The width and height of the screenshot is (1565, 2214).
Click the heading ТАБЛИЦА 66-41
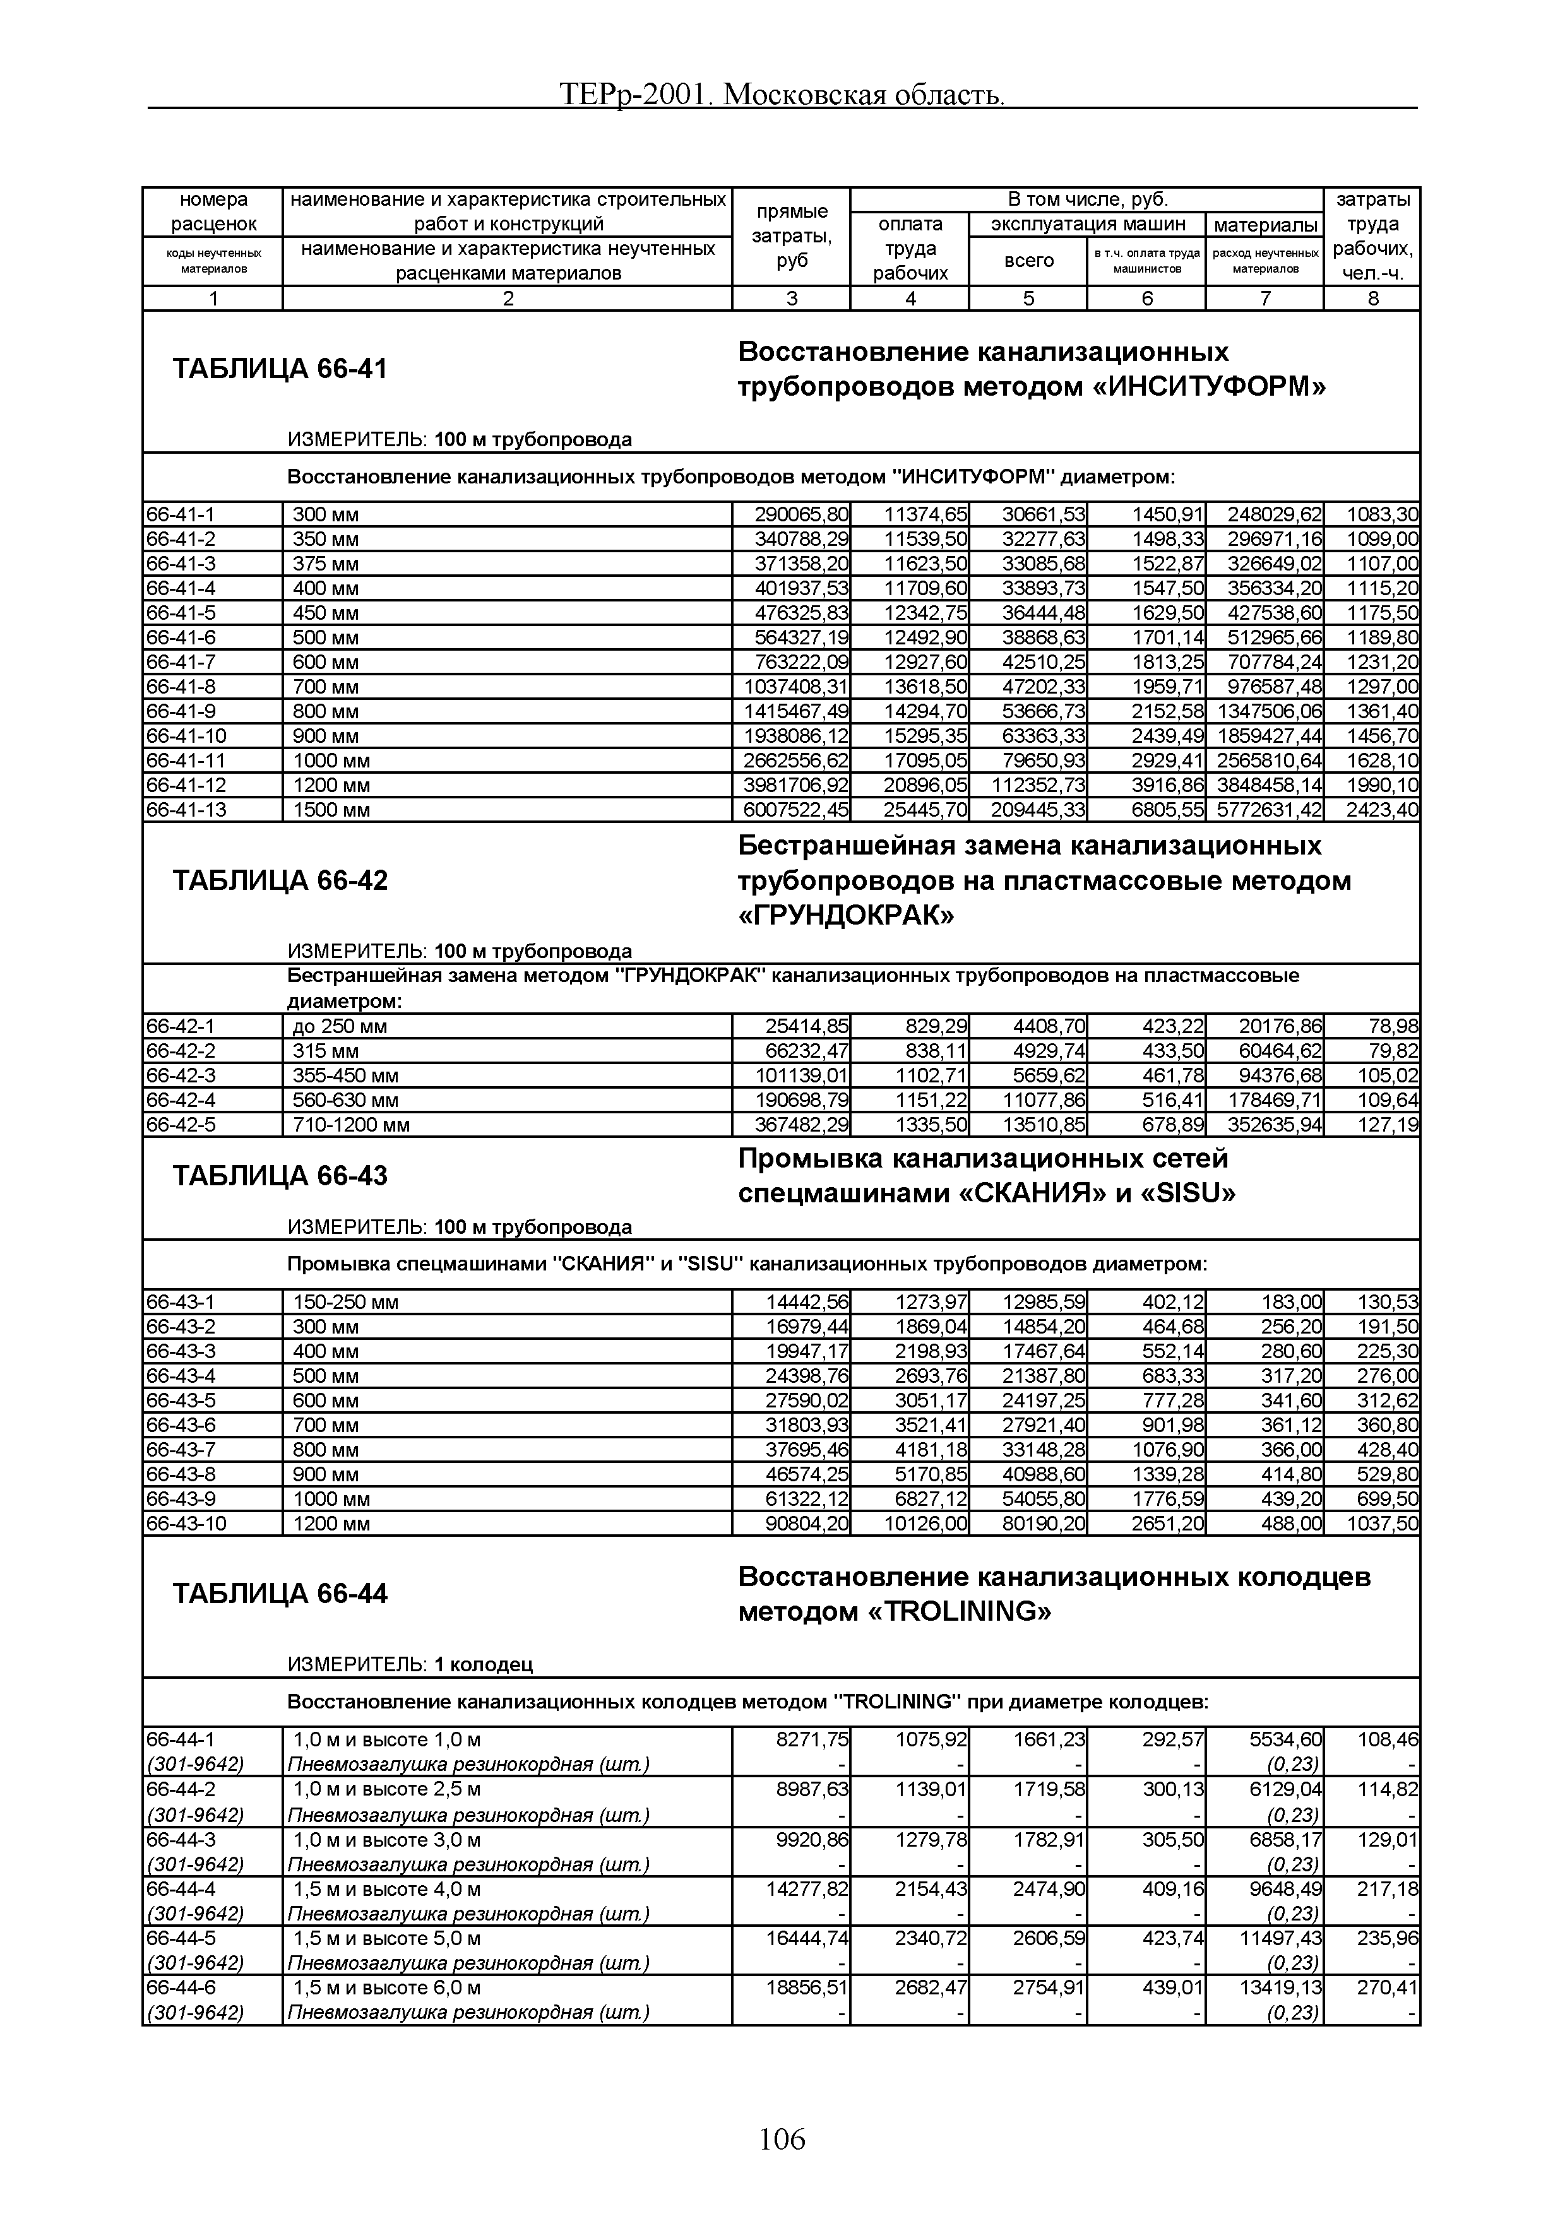pyautogui.click(x=280, y=369)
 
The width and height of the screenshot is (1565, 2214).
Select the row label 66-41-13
pyautogui.click(x=186, y=810)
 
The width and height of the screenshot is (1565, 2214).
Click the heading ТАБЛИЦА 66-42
pyautogui.click(x=280, y=880)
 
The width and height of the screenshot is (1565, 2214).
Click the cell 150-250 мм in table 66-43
pyautogui.click(x=345, y=1303)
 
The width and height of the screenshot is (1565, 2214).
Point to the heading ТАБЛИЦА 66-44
pyautogui.click(x=280, y=1594)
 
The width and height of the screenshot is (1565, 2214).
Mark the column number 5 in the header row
pyautogui.click(x=1028, y=299)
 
